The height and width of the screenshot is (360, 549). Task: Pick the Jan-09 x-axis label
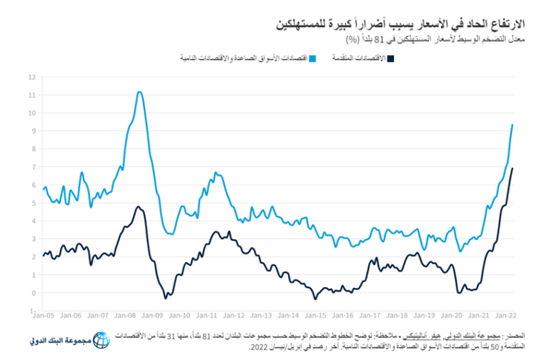coord(153,315)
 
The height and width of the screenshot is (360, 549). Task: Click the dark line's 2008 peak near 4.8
coord(139,207)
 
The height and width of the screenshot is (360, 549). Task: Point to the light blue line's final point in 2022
coord(513,125)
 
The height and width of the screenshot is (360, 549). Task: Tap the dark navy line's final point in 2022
coord(513,169)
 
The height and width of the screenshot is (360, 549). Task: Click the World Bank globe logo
coord(102,341)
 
